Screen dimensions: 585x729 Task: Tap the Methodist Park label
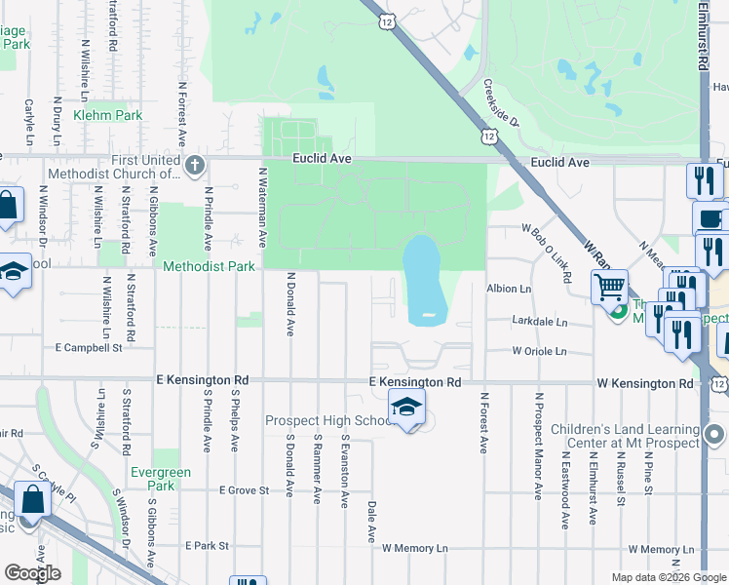(x=209, y=266)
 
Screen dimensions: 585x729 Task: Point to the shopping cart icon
(x=610, y=287)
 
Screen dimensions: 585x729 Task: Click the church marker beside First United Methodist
(x=195, y=167)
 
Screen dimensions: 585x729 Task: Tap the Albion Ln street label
(x=510, y=289)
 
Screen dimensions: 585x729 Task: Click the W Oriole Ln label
(x=539, y=351)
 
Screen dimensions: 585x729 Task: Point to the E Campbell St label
(x=89, y=346)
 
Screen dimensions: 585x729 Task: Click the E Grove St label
(x=244, y=489)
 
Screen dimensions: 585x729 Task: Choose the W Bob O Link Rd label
(x=547, y=252)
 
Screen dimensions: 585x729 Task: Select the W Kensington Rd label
(x=639, y=383)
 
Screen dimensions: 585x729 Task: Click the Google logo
(x=32, y=573)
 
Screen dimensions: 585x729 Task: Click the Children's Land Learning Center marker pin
(x=714, y=434)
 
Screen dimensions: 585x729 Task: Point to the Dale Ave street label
(x=370, y=522)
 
